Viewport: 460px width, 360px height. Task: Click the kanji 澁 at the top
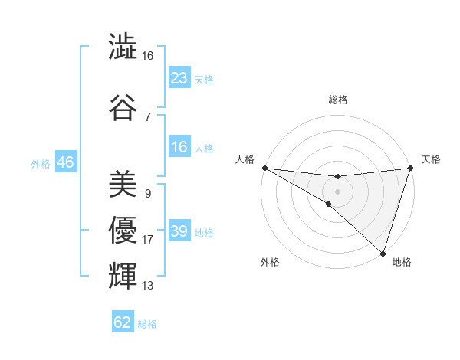tap(123, 47)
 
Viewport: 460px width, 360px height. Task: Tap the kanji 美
tap(123, 185)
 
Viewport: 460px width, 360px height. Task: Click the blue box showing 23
tap(179, 78)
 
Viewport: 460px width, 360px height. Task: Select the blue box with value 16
tap(179, 148)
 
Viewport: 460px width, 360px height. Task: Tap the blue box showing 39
tap(179, 231)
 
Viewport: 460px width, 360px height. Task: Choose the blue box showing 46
tap(65, 162)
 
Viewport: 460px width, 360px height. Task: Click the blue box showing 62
tap(123, 322)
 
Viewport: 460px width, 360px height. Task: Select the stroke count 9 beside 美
tap(147, 194)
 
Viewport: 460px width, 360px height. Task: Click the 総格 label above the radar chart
tap(337, 100)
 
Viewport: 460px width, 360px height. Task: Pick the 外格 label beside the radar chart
tap(270, 262)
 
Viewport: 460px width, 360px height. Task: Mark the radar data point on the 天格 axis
tap(410, 168)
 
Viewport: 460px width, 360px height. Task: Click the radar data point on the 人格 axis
tap(264, 168)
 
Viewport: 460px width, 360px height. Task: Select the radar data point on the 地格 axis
tap(383, 253)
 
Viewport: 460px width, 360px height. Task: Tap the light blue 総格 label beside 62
tap(148, 324)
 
